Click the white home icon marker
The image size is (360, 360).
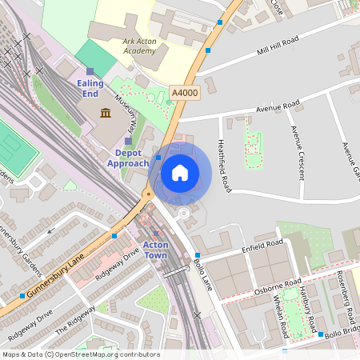pyautogui.click(x=180, y=172)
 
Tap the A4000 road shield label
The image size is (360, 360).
pyautogui.click(x=184, y=94)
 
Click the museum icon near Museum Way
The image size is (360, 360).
pyautogui.click(x=105, y=113)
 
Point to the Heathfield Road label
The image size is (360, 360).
pyautogui.click(x=223, y=166)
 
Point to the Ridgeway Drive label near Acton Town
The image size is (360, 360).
pyautogui.click(x=118, y=262)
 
